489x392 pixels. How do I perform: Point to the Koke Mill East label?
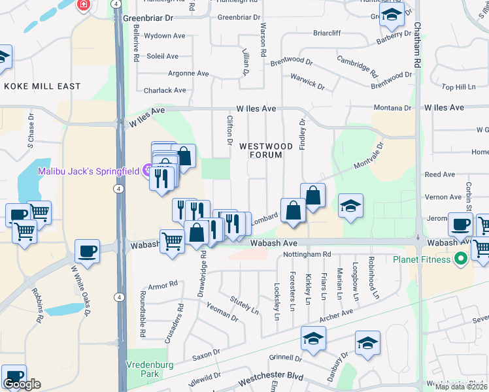tap(42, 86)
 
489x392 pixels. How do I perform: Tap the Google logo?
tap(22, 384)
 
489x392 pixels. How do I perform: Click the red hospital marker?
tap(84, 6)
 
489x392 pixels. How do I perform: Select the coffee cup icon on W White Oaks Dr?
tap(87, 251)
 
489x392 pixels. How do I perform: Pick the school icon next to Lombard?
tap(350, 206)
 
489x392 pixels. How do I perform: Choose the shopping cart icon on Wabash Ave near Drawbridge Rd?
tap(172, 241)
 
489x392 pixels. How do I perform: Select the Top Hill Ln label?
tap(458, 87)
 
